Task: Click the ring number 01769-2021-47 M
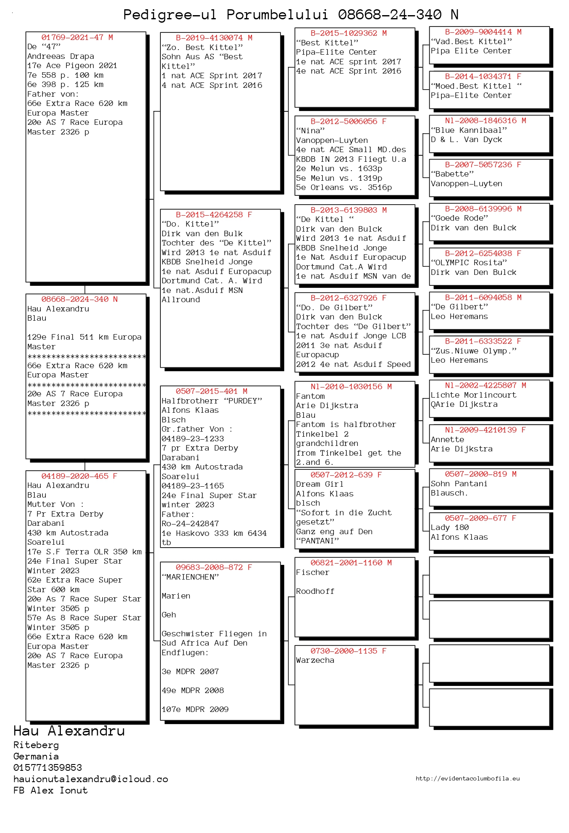77,37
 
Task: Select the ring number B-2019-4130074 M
214,38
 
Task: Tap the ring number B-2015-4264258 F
214,215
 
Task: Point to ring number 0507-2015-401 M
211,391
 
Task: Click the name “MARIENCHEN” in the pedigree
190,577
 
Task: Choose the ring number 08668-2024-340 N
79,299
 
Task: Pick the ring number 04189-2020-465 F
79,476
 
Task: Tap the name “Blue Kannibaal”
469,130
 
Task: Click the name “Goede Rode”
459,218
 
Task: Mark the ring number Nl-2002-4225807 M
485,385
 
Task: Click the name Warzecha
315,660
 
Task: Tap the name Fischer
312,572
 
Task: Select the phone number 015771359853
47,767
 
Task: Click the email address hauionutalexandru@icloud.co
91,779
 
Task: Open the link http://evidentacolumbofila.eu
467,778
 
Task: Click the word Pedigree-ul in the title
170,15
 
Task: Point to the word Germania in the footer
36,756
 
